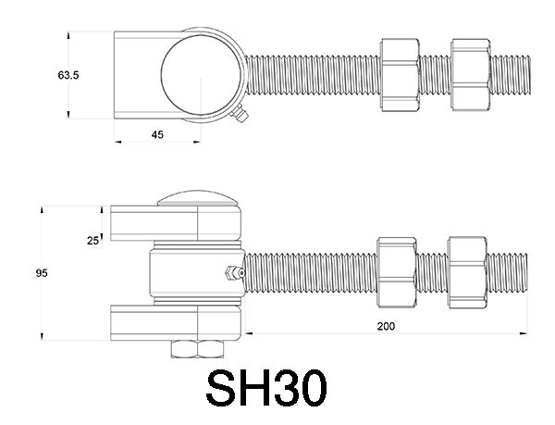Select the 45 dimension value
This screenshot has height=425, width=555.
157,134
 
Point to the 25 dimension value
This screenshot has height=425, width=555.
92,240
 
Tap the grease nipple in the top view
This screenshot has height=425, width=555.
240,115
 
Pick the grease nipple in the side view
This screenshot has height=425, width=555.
230,274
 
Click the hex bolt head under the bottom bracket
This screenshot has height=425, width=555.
198,348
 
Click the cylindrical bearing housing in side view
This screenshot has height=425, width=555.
194,274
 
